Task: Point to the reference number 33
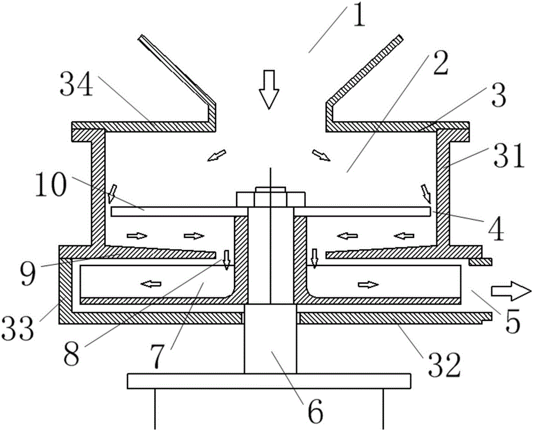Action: click(18, 327)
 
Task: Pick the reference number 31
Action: click(509, 156)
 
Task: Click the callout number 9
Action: click(28, 273)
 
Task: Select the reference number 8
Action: click(71, 353)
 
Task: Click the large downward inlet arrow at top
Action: click(269, 89)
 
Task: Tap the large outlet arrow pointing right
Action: click(511, 291)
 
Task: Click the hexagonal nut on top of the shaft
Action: click(271, 199)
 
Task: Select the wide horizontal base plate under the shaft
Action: click(269, 381)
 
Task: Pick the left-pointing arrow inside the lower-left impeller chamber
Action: click(151, 284)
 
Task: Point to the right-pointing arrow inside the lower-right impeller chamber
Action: click(368, 284)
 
